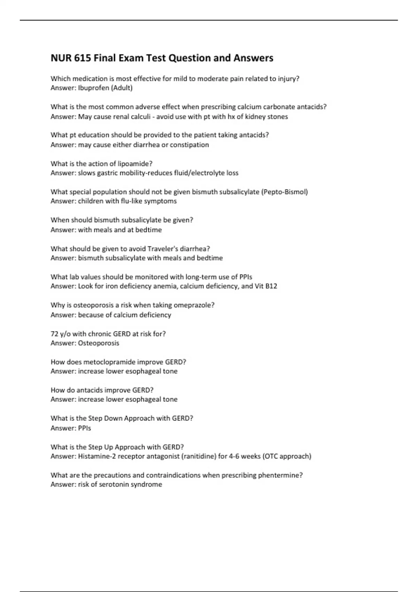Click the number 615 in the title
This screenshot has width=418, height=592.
[x=83, y=58]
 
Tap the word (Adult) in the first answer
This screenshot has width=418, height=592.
[x=122, y=88]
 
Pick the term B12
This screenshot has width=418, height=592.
[x=271, y=286]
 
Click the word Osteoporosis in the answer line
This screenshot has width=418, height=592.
[x=99, y=343]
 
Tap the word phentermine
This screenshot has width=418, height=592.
[x=280, y=475]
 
